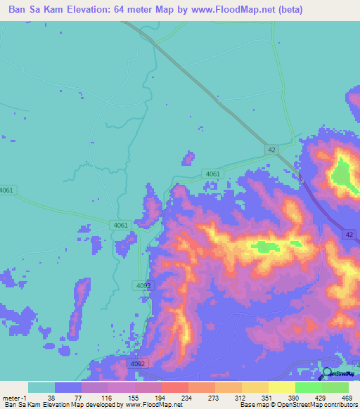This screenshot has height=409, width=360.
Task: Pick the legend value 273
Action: point(215,397)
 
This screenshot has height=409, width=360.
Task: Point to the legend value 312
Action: point(242,397)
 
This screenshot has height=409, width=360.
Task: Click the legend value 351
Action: point(269,397)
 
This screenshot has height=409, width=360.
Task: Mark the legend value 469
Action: point(347,397)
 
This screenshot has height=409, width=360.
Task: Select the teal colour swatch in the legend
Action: point(41,387)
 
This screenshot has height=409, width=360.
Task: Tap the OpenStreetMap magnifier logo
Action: point(328,373)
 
